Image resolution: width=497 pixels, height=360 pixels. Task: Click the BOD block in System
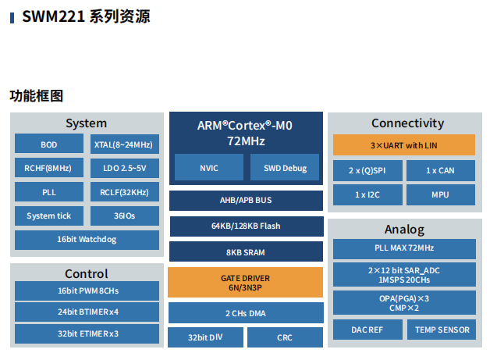(48, 144)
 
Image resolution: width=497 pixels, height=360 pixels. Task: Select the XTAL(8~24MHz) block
(123, 144)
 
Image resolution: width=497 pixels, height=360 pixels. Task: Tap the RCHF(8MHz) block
(48, 168)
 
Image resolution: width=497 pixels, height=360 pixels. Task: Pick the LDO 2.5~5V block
(123, 168)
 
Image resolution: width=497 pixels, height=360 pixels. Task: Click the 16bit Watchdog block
(86, 240)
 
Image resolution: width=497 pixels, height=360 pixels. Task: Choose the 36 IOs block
(123, 216)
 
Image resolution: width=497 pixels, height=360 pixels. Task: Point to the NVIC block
(209, 168)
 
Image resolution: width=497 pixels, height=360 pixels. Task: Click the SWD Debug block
(285, 168)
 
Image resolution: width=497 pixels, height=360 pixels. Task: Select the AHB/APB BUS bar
(246, 201)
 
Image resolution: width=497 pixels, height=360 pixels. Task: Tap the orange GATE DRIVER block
(246, 282)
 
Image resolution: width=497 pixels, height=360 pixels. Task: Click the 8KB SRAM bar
(246, 252)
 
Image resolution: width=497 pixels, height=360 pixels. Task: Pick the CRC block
(285, 338)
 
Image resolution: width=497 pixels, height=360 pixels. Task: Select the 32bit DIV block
(204, 338)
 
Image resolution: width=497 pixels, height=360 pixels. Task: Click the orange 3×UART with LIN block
(403, 145)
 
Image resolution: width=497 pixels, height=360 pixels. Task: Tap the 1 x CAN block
(440, 170)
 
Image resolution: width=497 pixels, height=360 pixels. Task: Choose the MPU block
(440, 194)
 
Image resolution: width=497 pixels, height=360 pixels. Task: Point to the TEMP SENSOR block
(442, 330)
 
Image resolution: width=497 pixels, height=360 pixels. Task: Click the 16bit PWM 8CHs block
(86, 291)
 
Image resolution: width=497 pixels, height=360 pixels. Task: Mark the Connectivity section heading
(407, 123)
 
